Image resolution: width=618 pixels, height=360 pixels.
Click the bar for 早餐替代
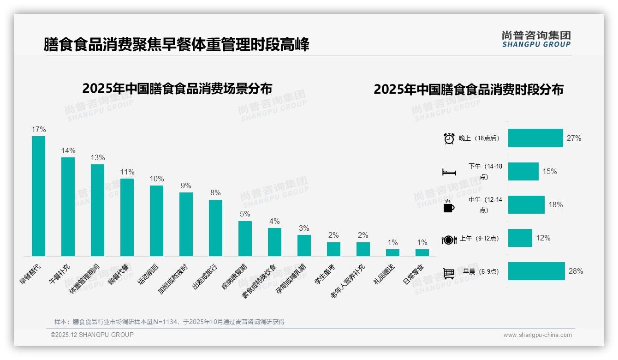[38, 196]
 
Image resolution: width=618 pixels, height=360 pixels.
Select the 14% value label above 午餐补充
[68, 150]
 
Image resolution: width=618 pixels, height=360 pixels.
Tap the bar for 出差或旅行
[215, 228]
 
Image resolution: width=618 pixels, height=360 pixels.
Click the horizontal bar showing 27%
[535, 138]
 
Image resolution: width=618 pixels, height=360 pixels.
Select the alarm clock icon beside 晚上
[449, 138]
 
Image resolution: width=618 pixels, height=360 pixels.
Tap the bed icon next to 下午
[449, 172]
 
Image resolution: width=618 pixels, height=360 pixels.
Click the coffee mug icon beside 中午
[449, 206]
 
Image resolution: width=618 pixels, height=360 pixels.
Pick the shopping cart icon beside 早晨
[449, 273]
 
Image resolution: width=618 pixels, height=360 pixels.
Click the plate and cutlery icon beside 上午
[449, 240]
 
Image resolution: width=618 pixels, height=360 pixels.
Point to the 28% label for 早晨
[576, 271]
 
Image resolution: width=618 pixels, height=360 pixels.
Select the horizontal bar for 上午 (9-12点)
[520, 238]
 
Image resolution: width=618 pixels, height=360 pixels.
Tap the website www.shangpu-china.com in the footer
[537, 335]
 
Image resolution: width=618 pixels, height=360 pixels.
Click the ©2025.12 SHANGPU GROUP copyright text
[92, 335]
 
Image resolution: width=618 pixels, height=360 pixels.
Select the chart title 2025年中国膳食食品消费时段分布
[469, 90]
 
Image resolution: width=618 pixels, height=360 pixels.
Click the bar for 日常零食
[422, 252]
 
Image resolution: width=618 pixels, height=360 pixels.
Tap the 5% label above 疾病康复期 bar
[245, 214]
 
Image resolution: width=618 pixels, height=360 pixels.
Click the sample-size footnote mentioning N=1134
[169, 322]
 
